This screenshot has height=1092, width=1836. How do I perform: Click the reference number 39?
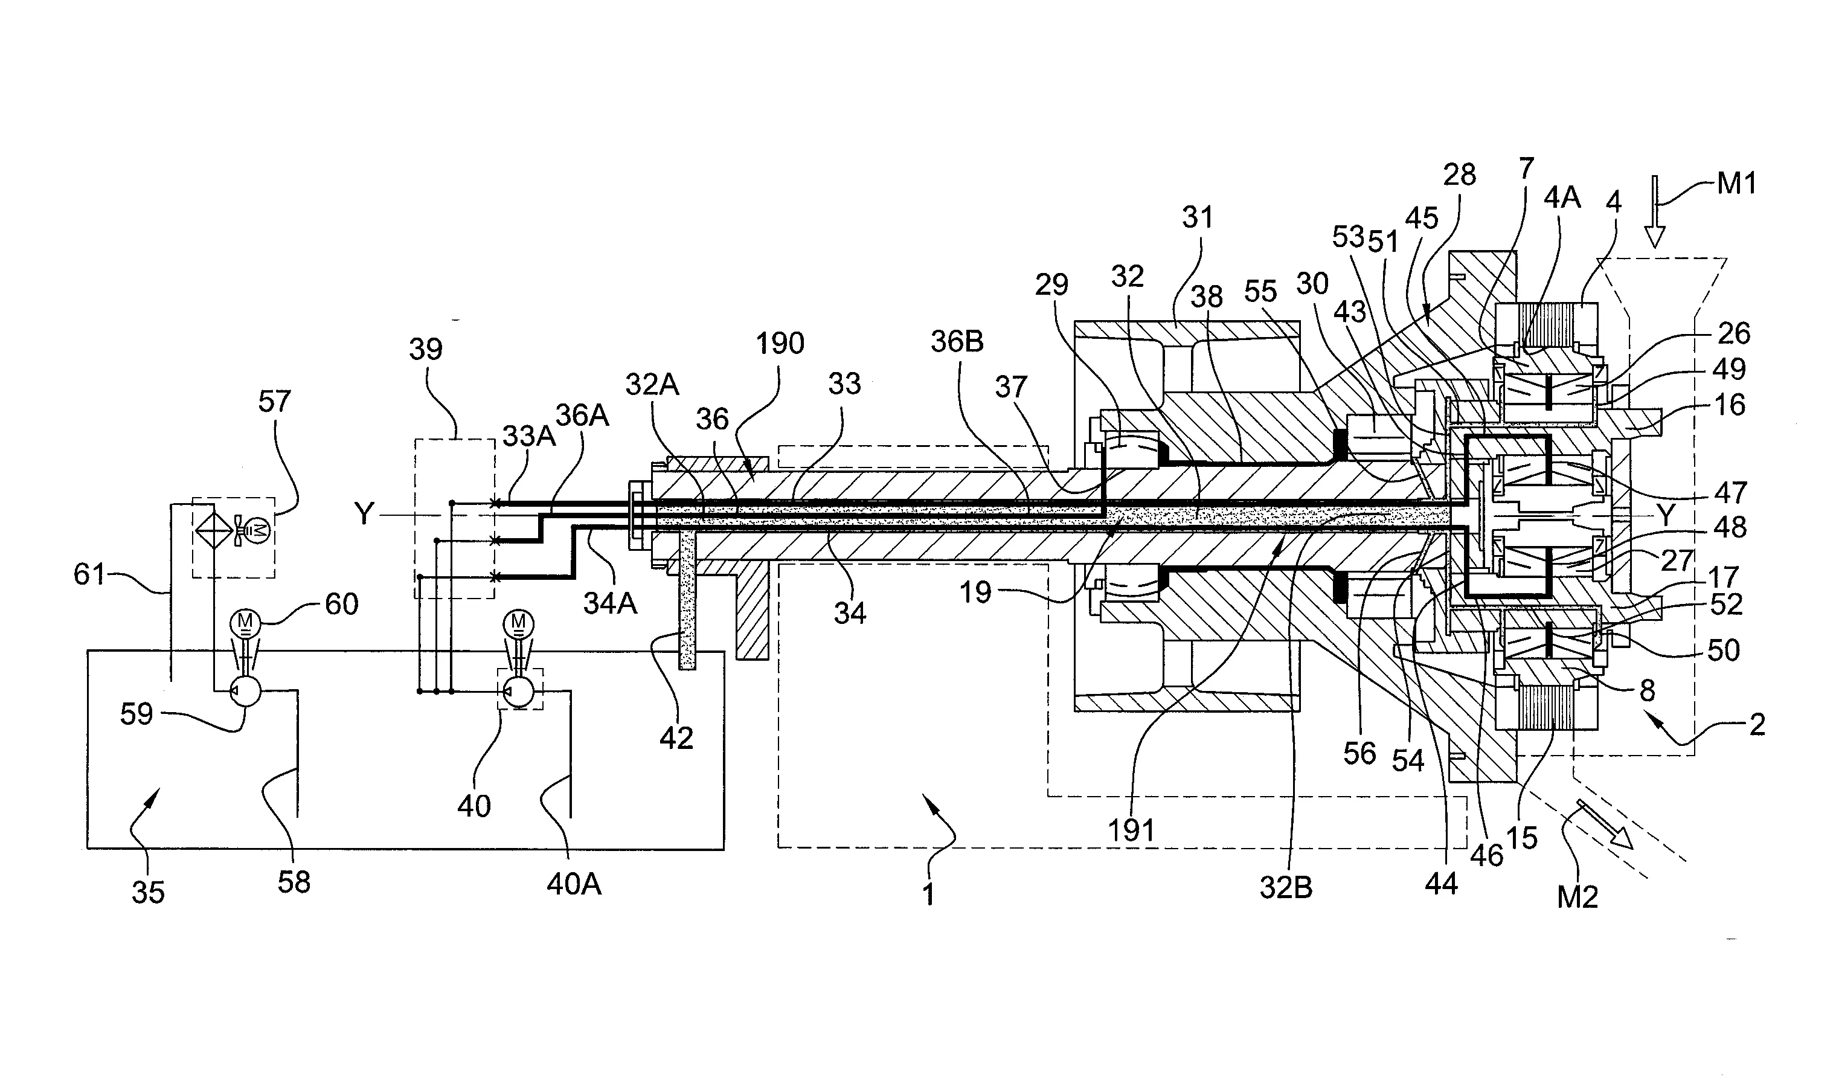(425, 348)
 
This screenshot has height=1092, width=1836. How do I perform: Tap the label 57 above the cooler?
(274, 402)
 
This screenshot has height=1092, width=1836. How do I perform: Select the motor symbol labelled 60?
(242, 623)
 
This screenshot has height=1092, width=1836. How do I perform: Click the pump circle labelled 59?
(246, 692)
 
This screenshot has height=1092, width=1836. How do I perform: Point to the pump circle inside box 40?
(520, 692)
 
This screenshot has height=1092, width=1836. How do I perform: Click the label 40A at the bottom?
(574, 884)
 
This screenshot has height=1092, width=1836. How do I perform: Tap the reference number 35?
(148, 893)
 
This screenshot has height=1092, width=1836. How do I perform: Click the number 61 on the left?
(90, 574)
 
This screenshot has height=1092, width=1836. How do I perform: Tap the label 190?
(780, 344)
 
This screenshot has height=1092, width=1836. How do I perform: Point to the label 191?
(1131, 830)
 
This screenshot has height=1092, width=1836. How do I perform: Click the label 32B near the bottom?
(1285, 888)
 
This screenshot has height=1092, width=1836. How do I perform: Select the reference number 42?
(676, 737)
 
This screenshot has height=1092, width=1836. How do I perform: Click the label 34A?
(610, 603)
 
